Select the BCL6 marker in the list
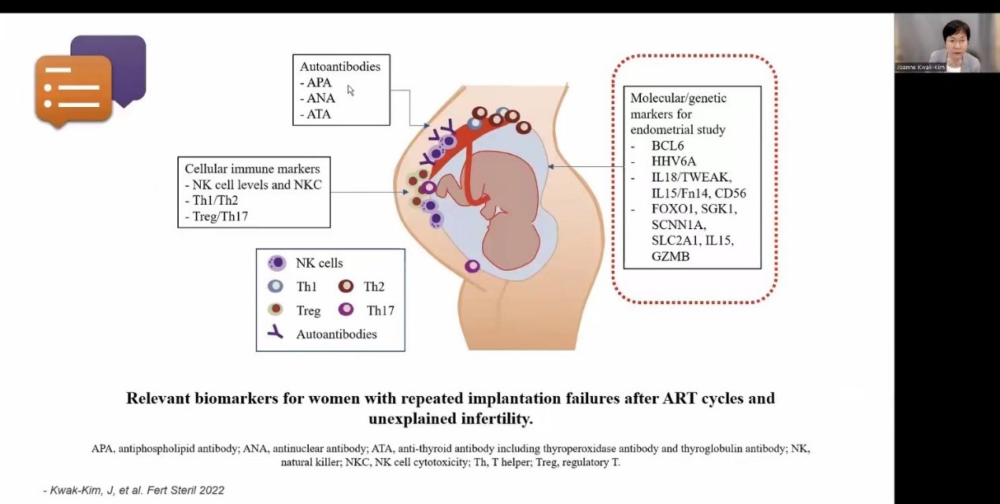pyautogui.click(x=668, y=146)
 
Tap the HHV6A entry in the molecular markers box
pyautogui.click(x=673, y=161)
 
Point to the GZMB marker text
pyautogui.click(x=670, y=256)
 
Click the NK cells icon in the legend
pyautogui.click(x=277, y=263)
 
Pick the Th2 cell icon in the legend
pyautogui.click(x=346, y=286)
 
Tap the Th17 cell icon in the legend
pyautogui.click(x=346, y=309)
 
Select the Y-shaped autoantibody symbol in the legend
pyautogui.click(x=276, y=332)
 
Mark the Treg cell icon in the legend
pyautogui.click(x=276, y=309)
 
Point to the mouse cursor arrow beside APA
pyautogui.click(x=350, y=91)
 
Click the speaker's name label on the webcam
pyautogui.click(x=920, y=68)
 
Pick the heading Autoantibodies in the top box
pyautogui.click(x=340, y=66)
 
